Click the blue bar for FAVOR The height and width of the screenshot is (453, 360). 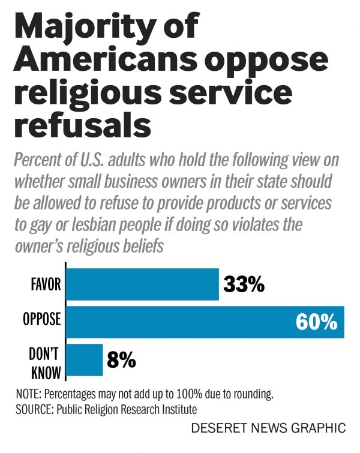[142, 284]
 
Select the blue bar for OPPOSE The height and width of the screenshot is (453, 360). [180, 322]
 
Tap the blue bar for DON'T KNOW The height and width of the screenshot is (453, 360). [84, 359]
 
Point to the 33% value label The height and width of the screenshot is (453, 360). [244, 284]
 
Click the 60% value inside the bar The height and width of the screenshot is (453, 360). [316, 322]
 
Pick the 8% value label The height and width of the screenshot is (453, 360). [121, 360]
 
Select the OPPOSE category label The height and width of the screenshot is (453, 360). [41, 320]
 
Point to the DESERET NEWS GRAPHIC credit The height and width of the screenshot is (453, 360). [268, 428]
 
